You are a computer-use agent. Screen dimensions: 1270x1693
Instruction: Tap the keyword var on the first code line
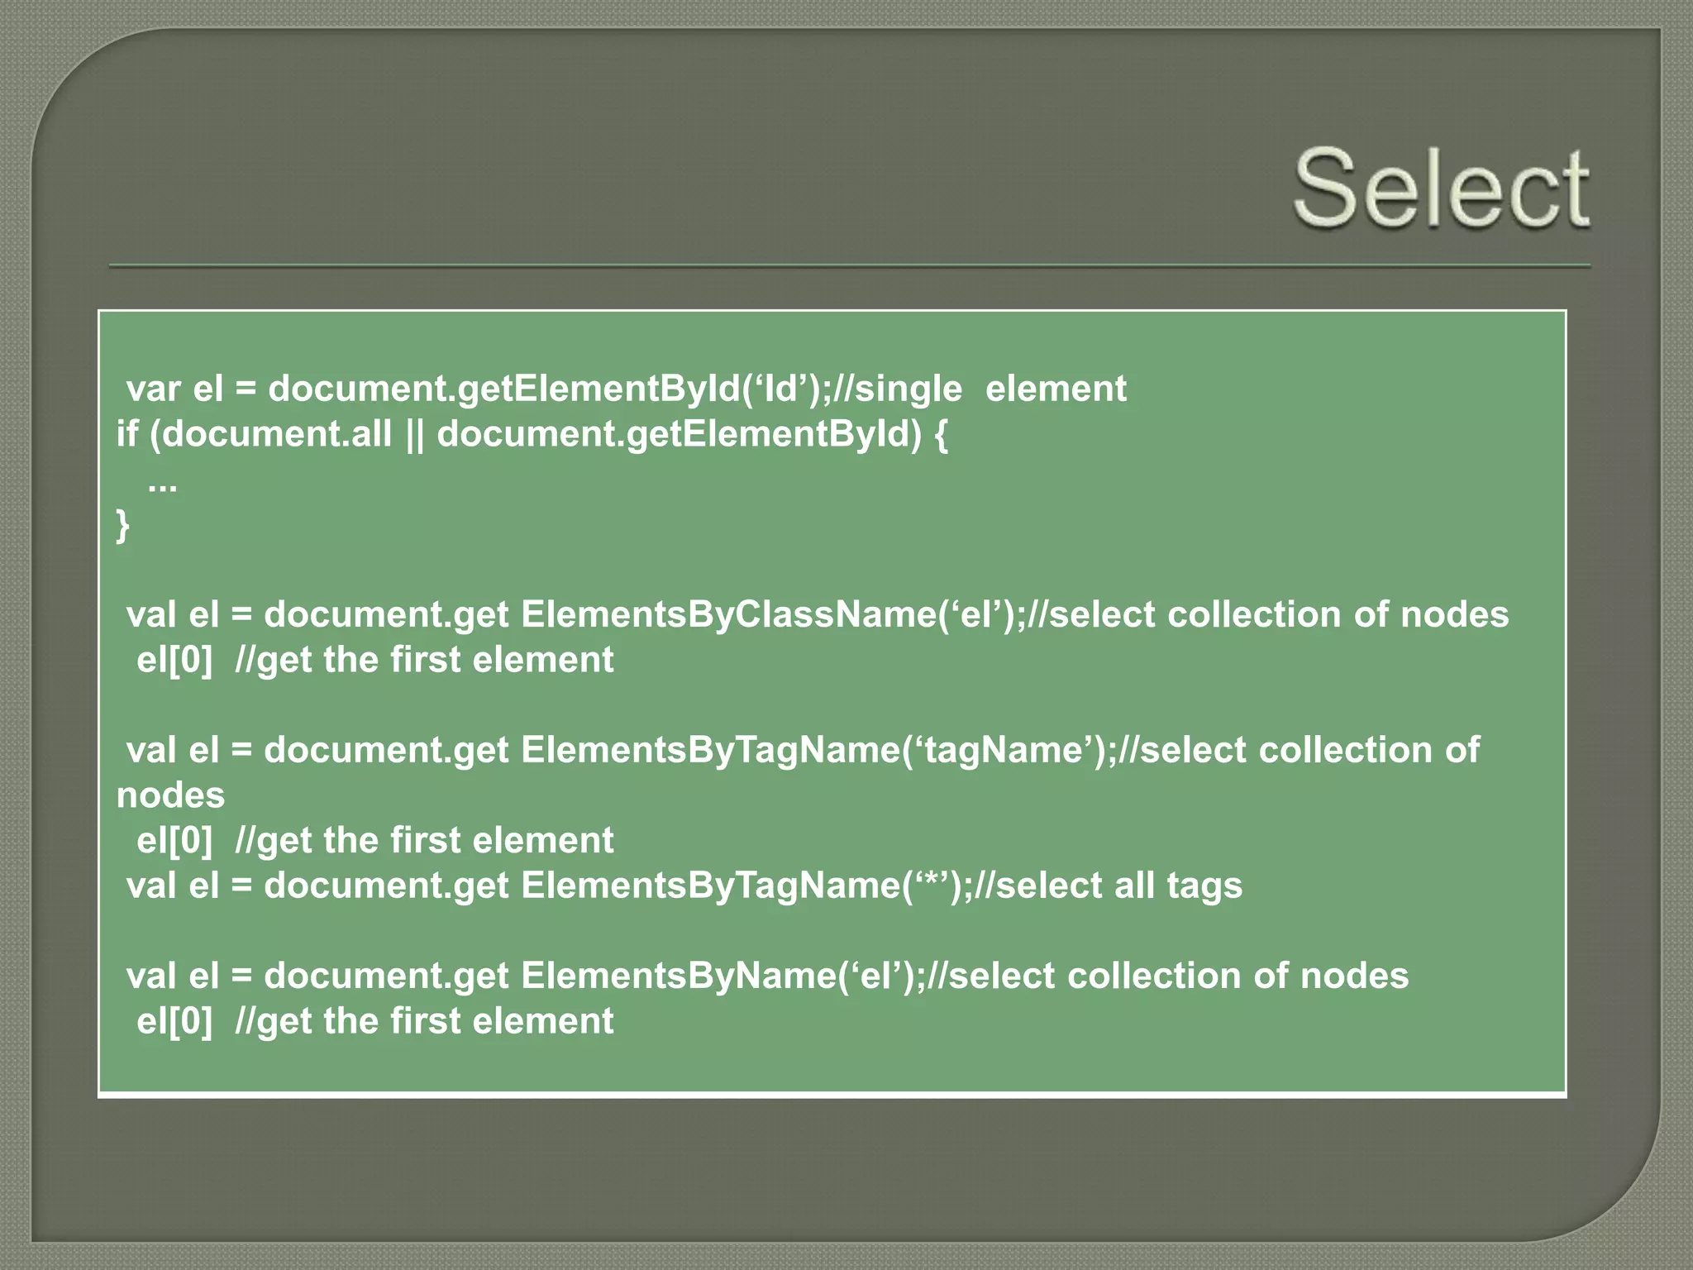coord(153,389)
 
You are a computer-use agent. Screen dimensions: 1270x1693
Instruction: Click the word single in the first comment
coord(908,389)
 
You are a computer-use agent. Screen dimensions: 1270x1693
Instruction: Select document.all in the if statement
coord(277,434)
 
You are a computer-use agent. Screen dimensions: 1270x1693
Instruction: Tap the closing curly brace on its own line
coord(123,526)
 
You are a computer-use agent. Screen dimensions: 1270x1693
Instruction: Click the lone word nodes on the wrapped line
coord(170,795)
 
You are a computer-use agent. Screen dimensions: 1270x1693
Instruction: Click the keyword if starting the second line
coord(126,434)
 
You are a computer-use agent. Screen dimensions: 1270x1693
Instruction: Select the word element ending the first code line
coord(1056,389)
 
